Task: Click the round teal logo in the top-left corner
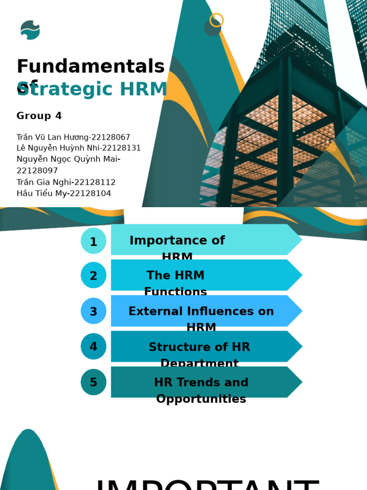pyautogui.click(x=30, y=30)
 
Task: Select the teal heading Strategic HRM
pyautogui.click(x=92, y=89)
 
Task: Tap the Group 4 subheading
pyautogui.click(x=39, y=116)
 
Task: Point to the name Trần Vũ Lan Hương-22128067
pyautogui.click(x=73, y=137)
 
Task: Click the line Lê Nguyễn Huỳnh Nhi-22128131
pyautogui.click(x=78, y=148)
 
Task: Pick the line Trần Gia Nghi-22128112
pyautogui.click(x=66, y=182)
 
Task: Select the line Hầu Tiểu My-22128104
pyautogui.click(x=64, y=194)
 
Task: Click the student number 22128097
pyautogui.click(x=37, y=171)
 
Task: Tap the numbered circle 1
pyautogui.click(x=93, y=241)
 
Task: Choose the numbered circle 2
pyautogui.click(x=93, y=276)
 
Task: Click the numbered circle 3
pyautogui.click(x=93, y=312)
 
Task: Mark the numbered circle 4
pyautogui.click(x=93, y=346)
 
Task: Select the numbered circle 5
pyautogui.click(x=93, y=382)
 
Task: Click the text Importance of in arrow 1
pyautogui.click(x=177, y=240)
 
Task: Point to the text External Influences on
pyautogui.click(x=201, y=312)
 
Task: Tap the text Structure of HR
pyautogui.click(x=199, y=347)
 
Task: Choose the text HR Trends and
pyautogui.click(x=201, y=382)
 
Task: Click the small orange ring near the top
pyautogui.click(x=216, y=20)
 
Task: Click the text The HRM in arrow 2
pyautogui.click(x=175, y=276)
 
